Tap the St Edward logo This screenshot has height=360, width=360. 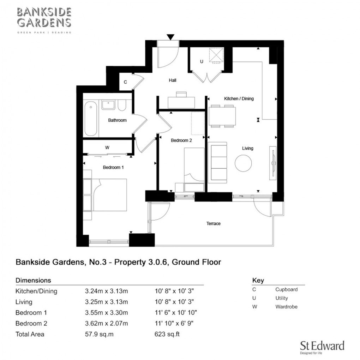coord(322,347)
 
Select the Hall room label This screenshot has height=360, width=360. coord(172,80)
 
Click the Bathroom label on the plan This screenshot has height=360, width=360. coord(117,120)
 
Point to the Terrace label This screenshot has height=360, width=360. coord(213,224)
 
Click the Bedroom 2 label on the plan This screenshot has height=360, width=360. coord(181,140)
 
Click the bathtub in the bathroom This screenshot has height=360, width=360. coord(91,118)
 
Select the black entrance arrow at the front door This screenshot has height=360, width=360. coord(171,37)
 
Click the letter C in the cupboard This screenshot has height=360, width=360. coord(125,83)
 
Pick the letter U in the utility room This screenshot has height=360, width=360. coord(202,61)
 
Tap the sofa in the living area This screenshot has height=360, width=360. coord(217,163)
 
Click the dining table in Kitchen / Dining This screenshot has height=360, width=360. coord(222,116)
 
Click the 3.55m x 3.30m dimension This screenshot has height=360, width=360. coord(106,313)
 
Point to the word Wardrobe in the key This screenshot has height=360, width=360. coord(286,307)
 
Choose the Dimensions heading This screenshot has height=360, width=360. coord(34,281)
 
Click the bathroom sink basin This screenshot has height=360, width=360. coord(108,105)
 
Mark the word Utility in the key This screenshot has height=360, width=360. coord(281,298)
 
